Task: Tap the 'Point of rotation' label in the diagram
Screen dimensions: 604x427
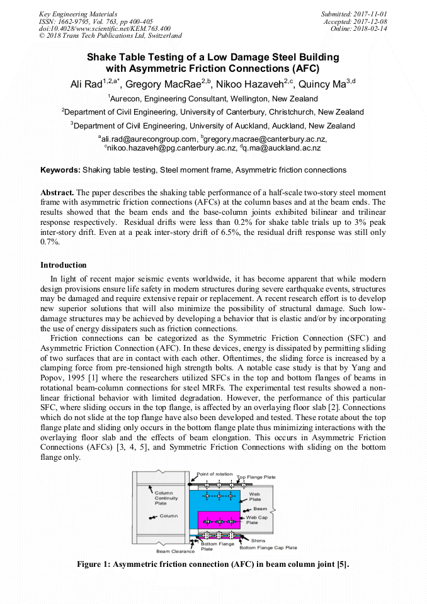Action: click(215, 474)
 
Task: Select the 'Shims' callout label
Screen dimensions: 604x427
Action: click(258, 540)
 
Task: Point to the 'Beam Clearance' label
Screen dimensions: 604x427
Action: click(173, 551)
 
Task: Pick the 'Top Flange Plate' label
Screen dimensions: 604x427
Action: click(256, 477)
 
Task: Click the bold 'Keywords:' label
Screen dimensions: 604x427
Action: click(60, 170)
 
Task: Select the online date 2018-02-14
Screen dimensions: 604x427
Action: click(373, 29)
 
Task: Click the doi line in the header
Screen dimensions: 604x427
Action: click(105, 29)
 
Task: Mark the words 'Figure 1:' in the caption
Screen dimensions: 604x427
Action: click(93, 564)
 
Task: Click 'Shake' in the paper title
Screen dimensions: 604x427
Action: click(102, 57)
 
